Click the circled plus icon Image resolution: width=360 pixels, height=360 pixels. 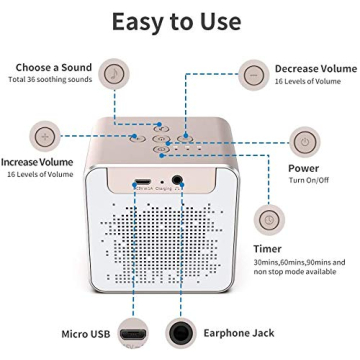point(43,134)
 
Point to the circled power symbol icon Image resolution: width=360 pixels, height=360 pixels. point(303,141)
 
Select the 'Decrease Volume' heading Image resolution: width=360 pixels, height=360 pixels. point(315,68)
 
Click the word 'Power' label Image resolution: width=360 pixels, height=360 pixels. point(303,168)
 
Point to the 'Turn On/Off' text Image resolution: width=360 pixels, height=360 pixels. point(309,180)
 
